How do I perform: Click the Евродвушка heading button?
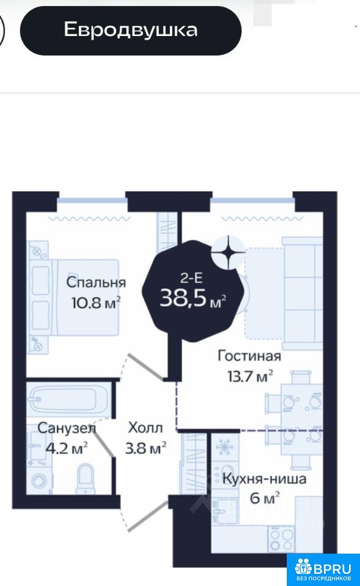point(131,31)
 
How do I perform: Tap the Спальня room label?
point(96,282)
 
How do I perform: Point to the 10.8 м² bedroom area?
point(96,302)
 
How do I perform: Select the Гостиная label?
point(249,356)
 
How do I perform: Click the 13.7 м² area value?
point(250,375)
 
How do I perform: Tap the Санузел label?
point(67,429)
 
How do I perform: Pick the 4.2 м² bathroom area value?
point(67,447)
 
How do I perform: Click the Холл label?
point(145,427)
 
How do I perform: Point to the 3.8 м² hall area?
point(146,447)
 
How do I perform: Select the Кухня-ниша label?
point(264,479)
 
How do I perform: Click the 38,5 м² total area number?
point(193,298)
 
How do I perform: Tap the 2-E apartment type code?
point(191,278)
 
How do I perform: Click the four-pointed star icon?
point(228,253)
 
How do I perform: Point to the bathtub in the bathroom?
point(69,399)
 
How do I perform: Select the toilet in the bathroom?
point(86,479)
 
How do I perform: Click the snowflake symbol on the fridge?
point(225,446)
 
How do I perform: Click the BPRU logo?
point(323,570)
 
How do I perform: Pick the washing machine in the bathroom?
point(39,481)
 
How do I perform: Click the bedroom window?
point(92,201)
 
